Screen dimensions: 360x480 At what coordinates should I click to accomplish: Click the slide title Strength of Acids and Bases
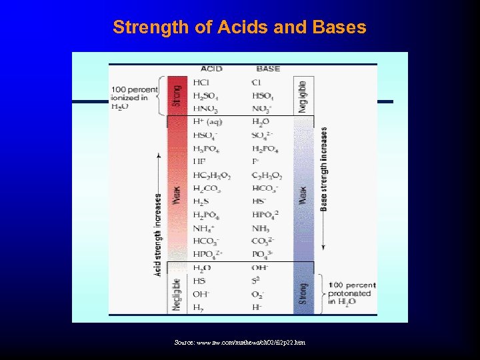click(239, 27)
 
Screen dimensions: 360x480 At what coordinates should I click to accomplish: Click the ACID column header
click(211, 69)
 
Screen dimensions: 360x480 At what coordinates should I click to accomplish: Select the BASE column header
click(268, 69)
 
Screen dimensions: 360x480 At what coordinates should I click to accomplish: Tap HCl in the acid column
click(201, 83)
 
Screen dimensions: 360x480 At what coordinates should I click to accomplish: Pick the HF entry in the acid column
click(199, 162)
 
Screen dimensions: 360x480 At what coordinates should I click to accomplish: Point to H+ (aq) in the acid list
click(207, 122)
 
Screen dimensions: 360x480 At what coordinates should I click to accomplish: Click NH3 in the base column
click(261, 228)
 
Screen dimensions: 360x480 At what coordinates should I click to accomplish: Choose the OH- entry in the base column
click(261, 268)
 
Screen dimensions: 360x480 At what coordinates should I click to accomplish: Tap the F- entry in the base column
click(255, 162)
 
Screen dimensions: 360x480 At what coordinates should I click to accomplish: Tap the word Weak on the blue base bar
click(303, 195)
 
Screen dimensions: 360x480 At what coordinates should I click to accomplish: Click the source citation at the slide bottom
click(239, 342)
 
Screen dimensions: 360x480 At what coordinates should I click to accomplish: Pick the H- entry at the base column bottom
click(257, 307)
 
